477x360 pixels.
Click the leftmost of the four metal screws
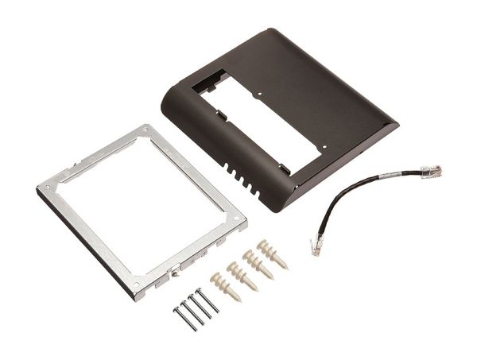182,315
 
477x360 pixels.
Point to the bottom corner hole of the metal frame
137,284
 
